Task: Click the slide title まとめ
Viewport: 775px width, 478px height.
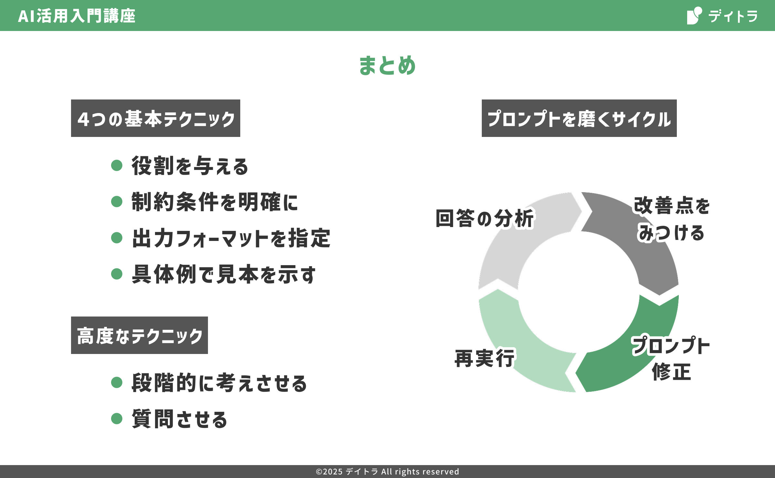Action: [x=387, y=65]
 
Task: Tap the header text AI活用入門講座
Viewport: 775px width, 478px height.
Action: [x=77, y=16]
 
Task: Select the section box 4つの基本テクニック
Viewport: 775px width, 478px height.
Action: [x=156, y=118]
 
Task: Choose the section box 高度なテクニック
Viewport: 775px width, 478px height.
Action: [x=139, y=335]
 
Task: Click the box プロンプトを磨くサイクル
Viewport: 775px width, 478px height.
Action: [x=579, y=118]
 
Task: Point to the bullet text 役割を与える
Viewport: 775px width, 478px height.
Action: [x=190, y=166]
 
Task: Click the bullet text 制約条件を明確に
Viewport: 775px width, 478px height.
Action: [x=215, y=202]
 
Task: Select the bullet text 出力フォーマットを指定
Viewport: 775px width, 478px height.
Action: [x=231, y=238]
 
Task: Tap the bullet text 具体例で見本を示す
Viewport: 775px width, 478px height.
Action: [x=223, y=274]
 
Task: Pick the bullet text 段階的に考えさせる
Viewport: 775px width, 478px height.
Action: [x=219, y=383]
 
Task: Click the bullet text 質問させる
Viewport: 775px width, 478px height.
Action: [x=180, y=419]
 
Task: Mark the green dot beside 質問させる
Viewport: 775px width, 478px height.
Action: [x=117, y=419]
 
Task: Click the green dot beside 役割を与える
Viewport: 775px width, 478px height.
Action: [x=117, y=165]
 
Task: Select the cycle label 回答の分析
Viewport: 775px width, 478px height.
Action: [x=485, y=218]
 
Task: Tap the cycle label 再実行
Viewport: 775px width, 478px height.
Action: [x=484, y=358]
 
